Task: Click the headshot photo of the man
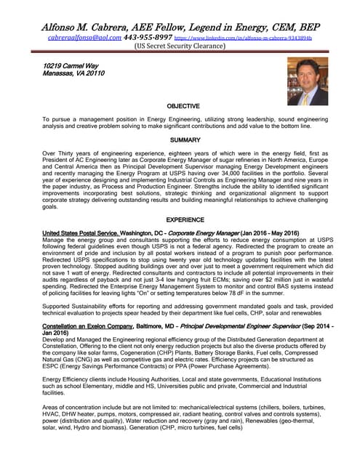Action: [308, 81]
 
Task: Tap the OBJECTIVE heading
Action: [179, 107]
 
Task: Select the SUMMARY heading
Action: [180, 139]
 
